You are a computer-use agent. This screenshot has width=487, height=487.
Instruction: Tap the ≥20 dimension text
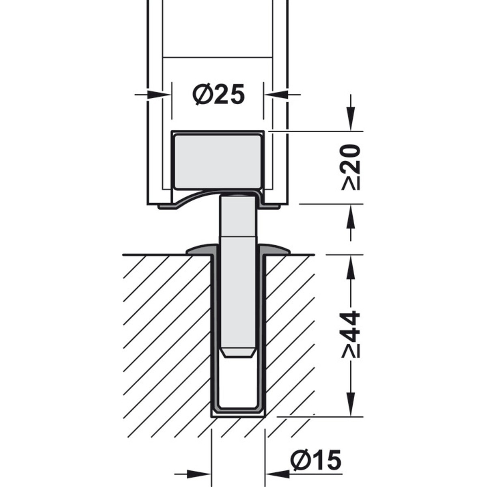pyautogui.click(x=351, y=167)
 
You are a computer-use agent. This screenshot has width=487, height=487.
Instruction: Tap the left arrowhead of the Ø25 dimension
pyautogui.click(x=158, y=95)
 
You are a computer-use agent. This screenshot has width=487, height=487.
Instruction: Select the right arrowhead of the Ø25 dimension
pyautogui.click(x=277, y=95)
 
